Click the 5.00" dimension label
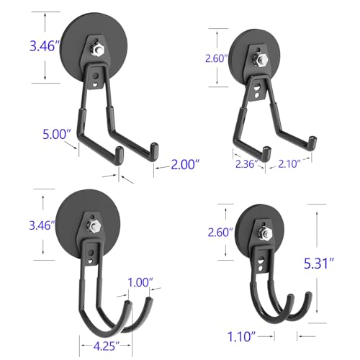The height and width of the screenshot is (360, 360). click(x=57, y=134)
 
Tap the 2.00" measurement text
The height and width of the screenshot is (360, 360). click(x=185, y=165)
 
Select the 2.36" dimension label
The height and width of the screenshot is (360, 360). click(x=246, y=164)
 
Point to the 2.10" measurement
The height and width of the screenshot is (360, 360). click(x=289, y=164)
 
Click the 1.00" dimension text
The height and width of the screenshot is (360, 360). click(x=140, y=283)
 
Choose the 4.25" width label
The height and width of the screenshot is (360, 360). click(x=107, y=346)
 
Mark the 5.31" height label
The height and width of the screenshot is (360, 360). click(x=319, y=264)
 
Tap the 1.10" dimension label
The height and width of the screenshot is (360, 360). click(x=241, y=336)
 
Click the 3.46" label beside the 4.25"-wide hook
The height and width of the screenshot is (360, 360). click(x=42, y=225)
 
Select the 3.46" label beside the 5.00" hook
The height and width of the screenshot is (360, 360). click(x=45, y=46)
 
